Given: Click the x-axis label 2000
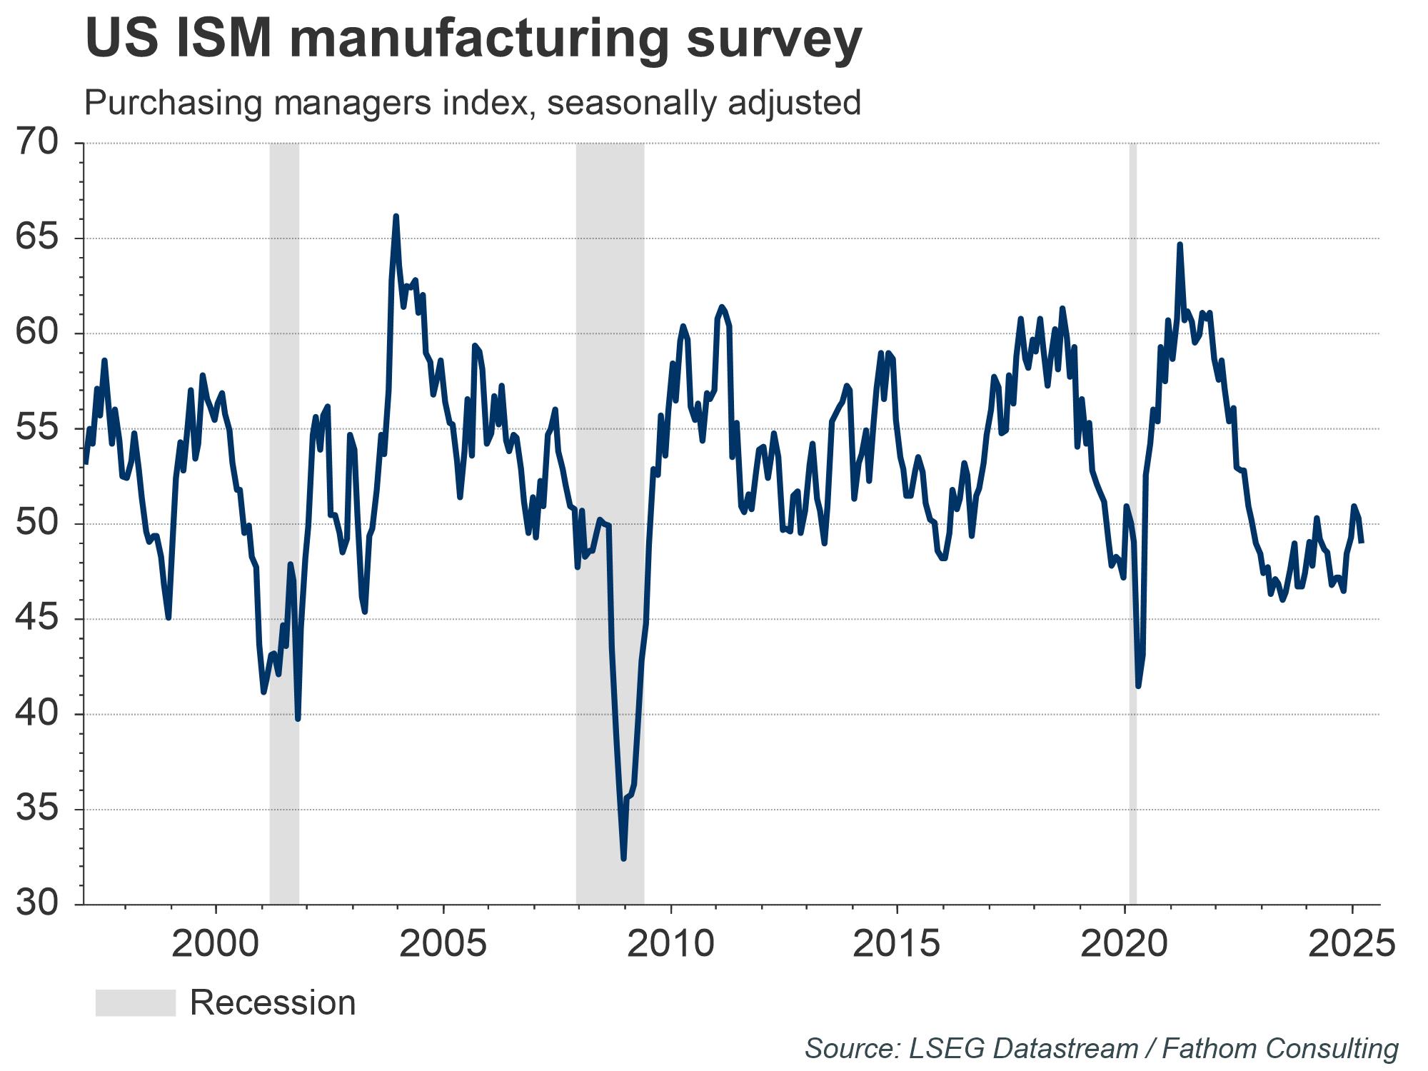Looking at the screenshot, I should (x=216, y=944).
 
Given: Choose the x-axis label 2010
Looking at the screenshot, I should (x=670, y=944).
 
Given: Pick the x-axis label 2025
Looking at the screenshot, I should (x=1352, y=944).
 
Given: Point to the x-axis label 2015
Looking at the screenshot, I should (x=897, y=944).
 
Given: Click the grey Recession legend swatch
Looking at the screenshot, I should (x=136, y=1002).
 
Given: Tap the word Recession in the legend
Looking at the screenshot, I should (x=273, y=1002).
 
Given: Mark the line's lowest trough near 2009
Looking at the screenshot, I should (x=623, y=859).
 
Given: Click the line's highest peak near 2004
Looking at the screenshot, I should (x=396, y=216).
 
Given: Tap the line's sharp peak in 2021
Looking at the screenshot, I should (x=1180, y=244).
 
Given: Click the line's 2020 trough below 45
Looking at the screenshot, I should (x=1138, y=686).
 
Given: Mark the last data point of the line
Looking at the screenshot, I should (x=1362, y=542).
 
